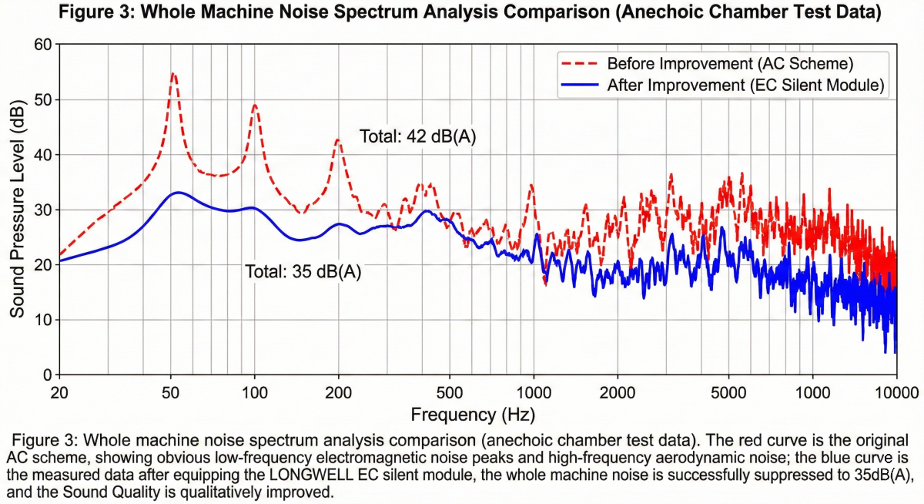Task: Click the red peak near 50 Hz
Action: [173, 74]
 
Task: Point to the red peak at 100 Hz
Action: [255, 106]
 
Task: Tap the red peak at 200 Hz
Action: [337, 140]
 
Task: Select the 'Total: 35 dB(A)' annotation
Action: [303, 271]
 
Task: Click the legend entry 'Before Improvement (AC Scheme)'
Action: [729, 63]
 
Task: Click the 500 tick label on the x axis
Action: [450, 391]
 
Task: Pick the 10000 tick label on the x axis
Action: [896, 391]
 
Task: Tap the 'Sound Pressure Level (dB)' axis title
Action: [17, 210]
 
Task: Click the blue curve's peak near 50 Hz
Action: [178, 193]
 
